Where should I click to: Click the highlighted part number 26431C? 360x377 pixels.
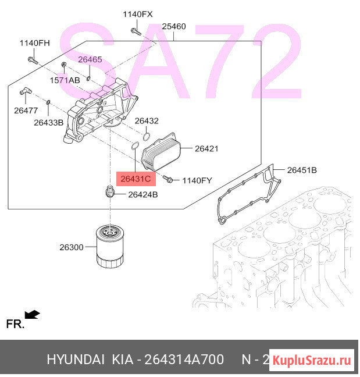[x=136, y=179]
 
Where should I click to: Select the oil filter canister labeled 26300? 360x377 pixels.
[x=110, y=246]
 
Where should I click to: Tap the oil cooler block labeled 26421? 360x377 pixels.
[x=161, y=152]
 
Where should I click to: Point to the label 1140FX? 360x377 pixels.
[x=138, y=14]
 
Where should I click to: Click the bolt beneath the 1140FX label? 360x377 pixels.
[x=136, y=31]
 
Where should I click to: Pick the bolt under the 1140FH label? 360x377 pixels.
[x=33, y=61]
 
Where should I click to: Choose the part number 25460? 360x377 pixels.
[x=174, y=26]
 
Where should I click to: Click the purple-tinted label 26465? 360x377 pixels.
[x=90, y=59]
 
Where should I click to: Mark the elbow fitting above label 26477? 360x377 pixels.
[x=26, y=91]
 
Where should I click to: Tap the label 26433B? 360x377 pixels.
[x=48, y=123]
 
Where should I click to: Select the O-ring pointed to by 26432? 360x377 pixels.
[x=147, y=137]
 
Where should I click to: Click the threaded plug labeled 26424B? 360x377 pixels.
[x=109, y=191]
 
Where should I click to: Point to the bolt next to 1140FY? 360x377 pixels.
[x=167, y=179]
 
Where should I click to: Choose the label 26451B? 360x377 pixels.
[x=302, y=170]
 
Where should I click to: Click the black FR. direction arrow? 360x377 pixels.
[x=32, y=315]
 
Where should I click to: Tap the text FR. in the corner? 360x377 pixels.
[x=15, y=324]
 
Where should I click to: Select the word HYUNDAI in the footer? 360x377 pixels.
[x=76, y=360]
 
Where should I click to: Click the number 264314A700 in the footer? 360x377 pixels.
[x=184, y=360]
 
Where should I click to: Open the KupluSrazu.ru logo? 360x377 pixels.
[x=312, y=360]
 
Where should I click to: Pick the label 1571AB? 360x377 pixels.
[x=65, y=80]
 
